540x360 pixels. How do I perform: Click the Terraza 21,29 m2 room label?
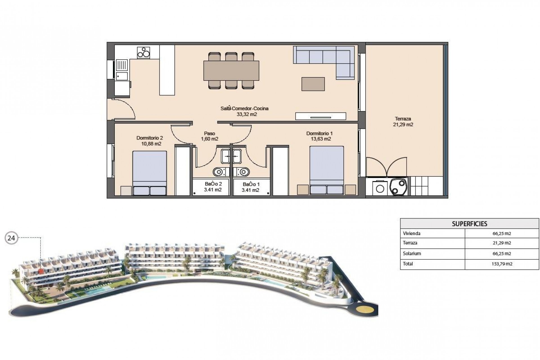point(403,122)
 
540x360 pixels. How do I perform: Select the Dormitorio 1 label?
point(319,136)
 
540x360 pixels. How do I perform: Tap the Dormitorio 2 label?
point(150,141)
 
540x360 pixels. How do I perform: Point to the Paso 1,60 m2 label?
point(210,136)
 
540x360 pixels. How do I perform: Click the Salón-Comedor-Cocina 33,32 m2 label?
point(244,111)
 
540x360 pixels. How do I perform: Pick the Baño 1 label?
point(251,187)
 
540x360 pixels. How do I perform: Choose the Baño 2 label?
point(213,187)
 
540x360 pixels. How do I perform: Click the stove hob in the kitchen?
point(143,53)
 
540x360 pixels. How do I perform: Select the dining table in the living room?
point(231,70)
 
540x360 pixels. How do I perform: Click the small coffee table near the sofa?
point(313,84)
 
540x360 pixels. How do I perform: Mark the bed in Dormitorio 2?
point(149,172)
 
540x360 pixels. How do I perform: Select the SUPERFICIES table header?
point(469,224)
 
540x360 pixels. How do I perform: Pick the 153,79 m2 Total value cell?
point(502,264)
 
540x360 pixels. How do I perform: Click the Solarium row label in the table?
point(412,253)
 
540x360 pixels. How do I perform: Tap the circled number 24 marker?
point(11,238)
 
